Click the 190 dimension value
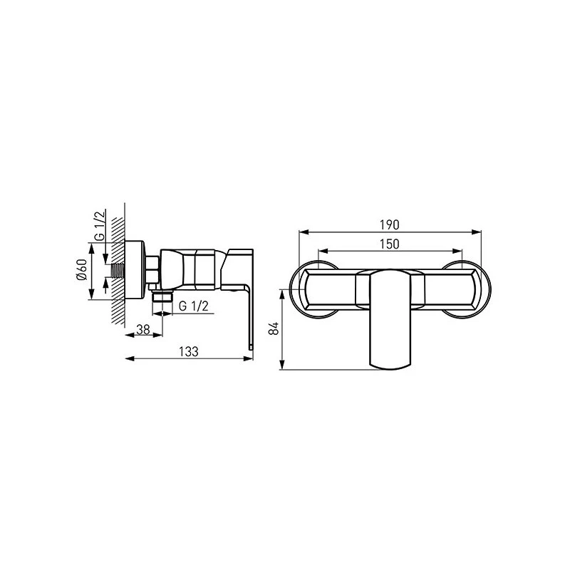point(389,225)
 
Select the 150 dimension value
point(389,244)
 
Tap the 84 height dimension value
point(275,328)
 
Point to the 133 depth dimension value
point(189,351)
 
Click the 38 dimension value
point(143,329)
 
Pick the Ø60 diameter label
point(82,269)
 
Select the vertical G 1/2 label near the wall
point(100,225)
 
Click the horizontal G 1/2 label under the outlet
point(193,306)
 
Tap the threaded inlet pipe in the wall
point(118,271)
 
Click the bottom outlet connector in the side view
point(162,296)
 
